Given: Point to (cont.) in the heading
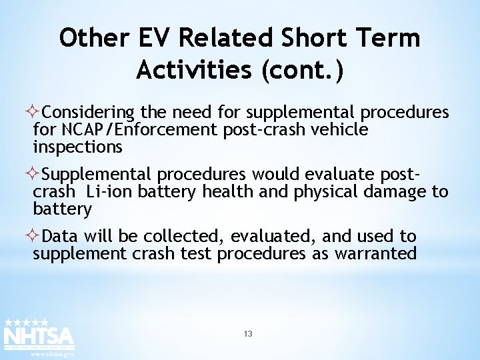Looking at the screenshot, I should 307,69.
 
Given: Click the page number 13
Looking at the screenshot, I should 248,333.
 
